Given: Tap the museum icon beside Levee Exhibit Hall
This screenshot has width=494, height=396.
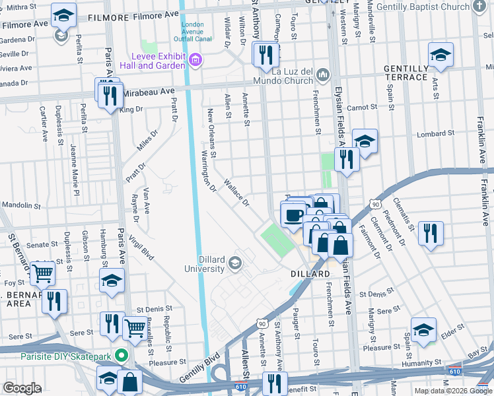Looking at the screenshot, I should pyautogui.click(x=195, y=61).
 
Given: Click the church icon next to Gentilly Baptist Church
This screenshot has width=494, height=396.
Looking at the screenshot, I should pyautogui.click(x=480, y=7).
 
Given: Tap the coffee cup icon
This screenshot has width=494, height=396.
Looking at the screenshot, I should pyautogui.click(x=294, y=214).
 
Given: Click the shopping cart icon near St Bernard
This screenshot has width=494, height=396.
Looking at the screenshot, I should pyautogui.click(x=42, y=271).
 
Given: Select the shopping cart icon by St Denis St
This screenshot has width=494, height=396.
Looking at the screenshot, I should pyautogui.click(x=135, y=326).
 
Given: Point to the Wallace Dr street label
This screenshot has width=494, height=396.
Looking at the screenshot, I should pyautogui.click(x=236, y=191).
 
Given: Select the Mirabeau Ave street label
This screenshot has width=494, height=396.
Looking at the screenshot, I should pyautogui.click(x=148, y=92).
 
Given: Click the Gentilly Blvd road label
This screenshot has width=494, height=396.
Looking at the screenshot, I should pyautogui.click(x=199, y=371).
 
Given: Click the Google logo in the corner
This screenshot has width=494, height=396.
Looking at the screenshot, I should pyautogui.click(x=22, y=388).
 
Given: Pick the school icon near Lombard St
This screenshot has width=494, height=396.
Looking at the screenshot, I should pyautogui.click(x=364, y=141).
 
